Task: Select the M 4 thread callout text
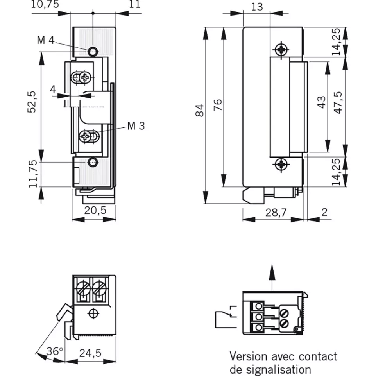point(46,40)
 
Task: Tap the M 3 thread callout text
point(136,126)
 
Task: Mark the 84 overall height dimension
point(199,111)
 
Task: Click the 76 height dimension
point(218,105)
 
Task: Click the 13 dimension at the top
point(257,6)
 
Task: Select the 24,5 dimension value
point(90,353)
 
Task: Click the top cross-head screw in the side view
point(281,50)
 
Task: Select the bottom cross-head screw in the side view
point(281,164)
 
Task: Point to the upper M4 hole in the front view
point(93,51)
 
